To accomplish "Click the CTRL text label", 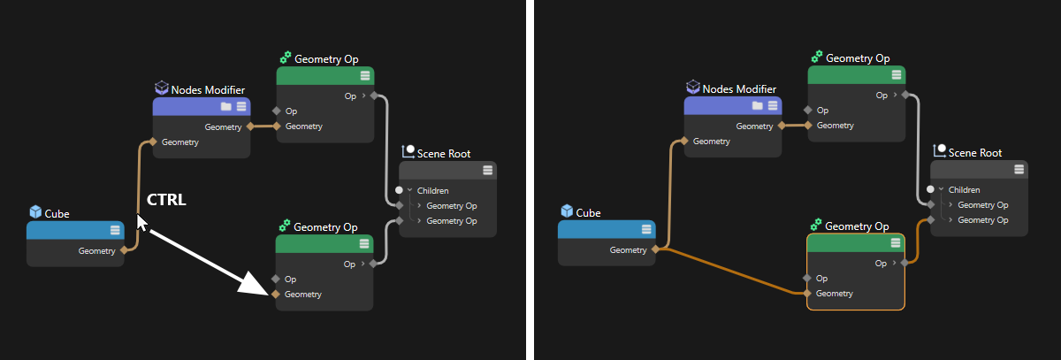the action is pos(166,200).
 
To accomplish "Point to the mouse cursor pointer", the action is pos(141,223).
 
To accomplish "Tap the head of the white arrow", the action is pos(255,283).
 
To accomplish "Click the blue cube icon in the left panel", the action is pos(35,211).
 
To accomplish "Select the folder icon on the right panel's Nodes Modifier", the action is pos(758,105).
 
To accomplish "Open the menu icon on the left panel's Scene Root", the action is pos(487,171).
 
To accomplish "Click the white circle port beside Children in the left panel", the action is pos(399,190).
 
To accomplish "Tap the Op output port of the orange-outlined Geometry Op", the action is pos(905,263).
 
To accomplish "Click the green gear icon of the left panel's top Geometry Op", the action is pos(285,57).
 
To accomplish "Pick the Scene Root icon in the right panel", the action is pos(939,150).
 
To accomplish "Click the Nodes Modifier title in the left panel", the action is pos(208,90).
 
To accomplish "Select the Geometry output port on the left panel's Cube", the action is pos(124,250).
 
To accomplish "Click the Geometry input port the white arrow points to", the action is pos(276,295).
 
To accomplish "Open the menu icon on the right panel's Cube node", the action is pos(646,229).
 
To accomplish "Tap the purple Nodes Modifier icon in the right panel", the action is pos(693,87).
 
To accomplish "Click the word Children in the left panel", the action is pos(433,190).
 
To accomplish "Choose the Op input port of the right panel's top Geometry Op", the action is pos(808,110).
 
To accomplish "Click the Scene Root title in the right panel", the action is pos(974,153).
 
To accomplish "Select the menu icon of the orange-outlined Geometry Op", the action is pos(895,242).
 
